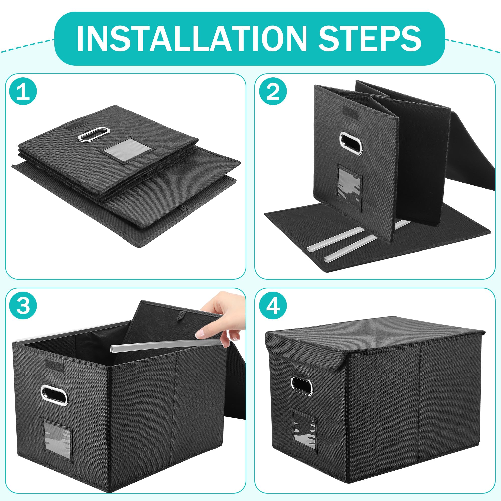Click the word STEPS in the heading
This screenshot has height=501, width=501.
point(369,38)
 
